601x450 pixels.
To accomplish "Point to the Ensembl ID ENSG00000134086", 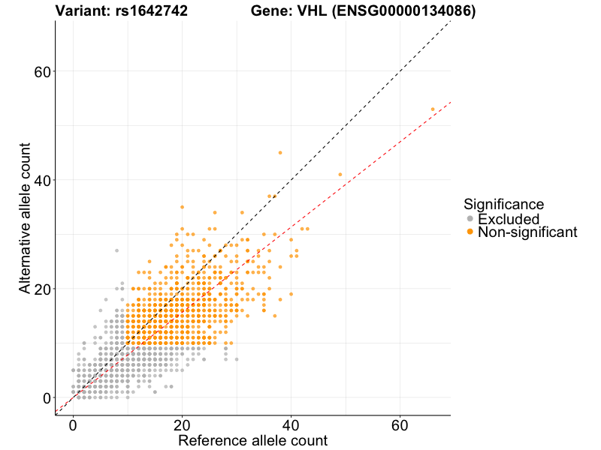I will point(406,11).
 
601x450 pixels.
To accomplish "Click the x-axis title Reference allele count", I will point(252,440).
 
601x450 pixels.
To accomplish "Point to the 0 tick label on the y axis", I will point(47,398).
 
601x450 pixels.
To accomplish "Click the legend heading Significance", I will point(503,204).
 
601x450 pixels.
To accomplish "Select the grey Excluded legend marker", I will point(470,219).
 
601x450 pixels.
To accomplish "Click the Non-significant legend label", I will point(527,232).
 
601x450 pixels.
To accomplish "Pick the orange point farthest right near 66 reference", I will point(433,109).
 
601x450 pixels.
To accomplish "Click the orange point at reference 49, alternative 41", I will point(340,174).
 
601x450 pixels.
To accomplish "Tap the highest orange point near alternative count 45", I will point(280,152).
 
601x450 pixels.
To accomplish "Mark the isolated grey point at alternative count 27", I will point(116,250).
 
